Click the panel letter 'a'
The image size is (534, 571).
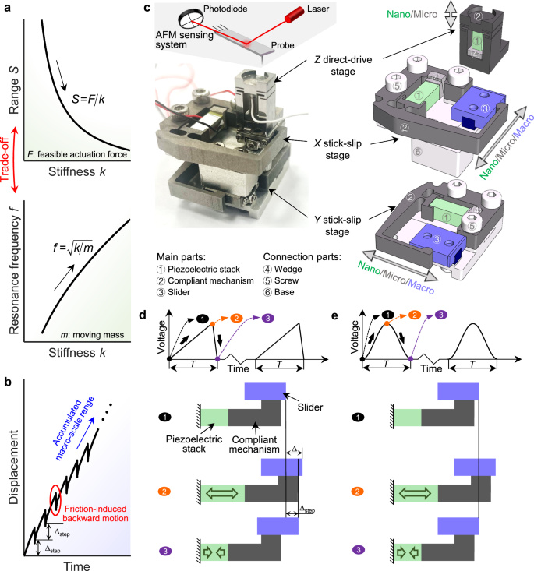click(6, 8)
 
